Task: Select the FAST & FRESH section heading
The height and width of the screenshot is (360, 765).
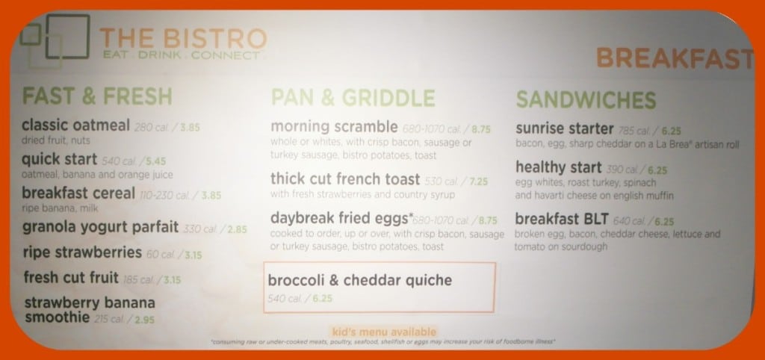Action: tap(97, 97)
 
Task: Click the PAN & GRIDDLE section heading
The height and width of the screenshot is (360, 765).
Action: tap(353, 97)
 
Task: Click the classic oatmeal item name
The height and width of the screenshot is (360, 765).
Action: tap(77, 125)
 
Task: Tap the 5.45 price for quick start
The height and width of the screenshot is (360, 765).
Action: tap(156, 160)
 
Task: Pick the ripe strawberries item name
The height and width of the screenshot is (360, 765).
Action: tap(81, 252)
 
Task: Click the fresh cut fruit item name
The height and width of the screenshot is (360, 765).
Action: tap(71, 278)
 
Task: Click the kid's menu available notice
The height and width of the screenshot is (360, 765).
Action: tap(382, 331)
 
